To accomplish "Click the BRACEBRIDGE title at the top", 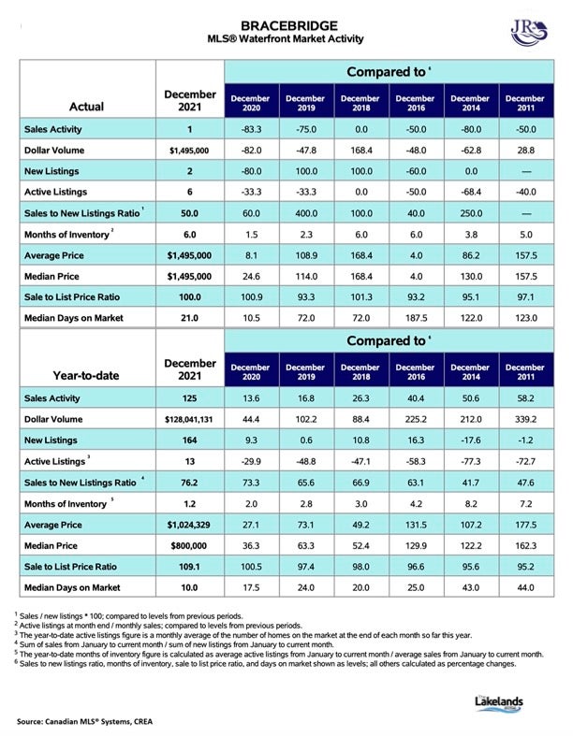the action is coord(288,25).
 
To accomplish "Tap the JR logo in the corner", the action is coord(529,34).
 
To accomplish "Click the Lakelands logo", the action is coord(499,702).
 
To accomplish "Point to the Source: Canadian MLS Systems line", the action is coord(84,721).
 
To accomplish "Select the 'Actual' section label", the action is coord(86,107).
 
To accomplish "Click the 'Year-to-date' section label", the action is coord(86,376).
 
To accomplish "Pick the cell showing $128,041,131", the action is coord(189,419).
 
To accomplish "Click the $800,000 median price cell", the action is coord(189,545).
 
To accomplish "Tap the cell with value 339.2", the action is coord(525,419).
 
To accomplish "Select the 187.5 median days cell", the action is coord(416,318).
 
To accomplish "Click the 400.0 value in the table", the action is coord(306,213).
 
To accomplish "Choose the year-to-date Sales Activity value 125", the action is coord(189,398).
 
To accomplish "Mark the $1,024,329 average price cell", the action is coord(189,525).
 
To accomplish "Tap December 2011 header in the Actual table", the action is coord(525,103).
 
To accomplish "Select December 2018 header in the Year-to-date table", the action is coord(360,372).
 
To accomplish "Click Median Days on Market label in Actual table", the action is coord(74,318).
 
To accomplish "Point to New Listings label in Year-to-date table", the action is coord(51,440).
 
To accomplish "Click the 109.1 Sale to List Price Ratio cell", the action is coord(189,567).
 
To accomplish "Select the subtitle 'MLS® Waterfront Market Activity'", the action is coord(286,39).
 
